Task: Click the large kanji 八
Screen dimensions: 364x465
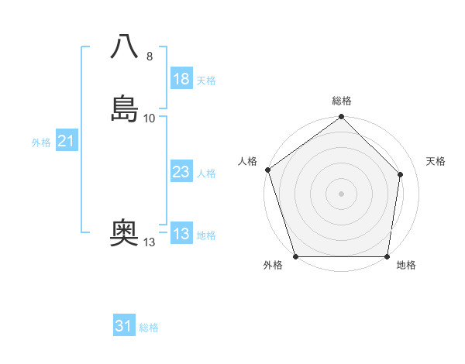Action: click(125, 47)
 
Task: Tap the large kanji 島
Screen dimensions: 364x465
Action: click(125, 108)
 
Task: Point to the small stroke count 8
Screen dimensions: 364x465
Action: click(150, 57)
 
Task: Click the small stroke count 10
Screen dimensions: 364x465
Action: click(150, 118)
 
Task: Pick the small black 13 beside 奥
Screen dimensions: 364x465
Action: click(150, 242)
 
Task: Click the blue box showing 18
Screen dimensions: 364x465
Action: click(181, 79)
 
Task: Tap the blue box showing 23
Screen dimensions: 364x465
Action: click(181, 172)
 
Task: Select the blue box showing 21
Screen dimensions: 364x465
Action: click(66, 141)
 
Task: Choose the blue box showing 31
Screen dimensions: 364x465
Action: click(124, 326)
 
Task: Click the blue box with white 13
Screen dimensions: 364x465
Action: click(181, 234)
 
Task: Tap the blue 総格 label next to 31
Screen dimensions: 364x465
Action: click(149, 328)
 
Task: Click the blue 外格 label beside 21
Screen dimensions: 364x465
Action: click(41, 143)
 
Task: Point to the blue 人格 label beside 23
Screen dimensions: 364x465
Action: click(206, 173)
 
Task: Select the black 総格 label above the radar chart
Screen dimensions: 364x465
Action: click(342, 101)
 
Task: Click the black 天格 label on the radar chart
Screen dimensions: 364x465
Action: click(436, 161)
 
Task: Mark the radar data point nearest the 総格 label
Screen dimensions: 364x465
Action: click(341, 118)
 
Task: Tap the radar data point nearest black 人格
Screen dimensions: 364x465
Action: click(267, 170)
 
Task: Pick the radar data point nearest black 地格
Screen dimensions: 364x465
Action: click(387, 256)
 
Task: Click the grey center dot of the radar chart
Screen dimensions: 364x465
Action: click(341, 193)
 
